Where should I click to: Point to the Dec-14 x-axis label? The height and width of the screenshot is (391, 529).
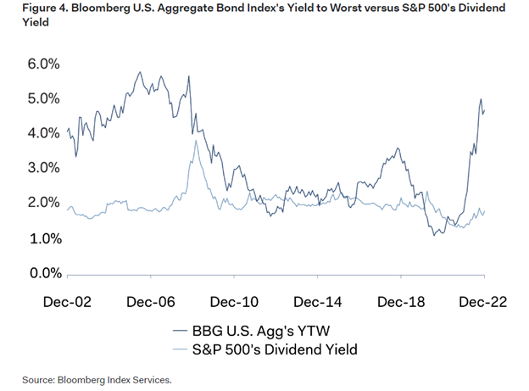coord(315,303)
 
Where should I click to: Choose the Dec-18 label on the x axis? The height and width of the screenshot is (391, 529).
coord(399,303)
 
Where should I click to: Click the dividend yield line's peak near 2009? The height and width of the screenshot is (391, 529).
coord(196,141)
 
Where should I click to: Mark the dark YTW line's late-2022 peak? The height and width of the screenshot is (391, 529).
coord(481,99)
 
